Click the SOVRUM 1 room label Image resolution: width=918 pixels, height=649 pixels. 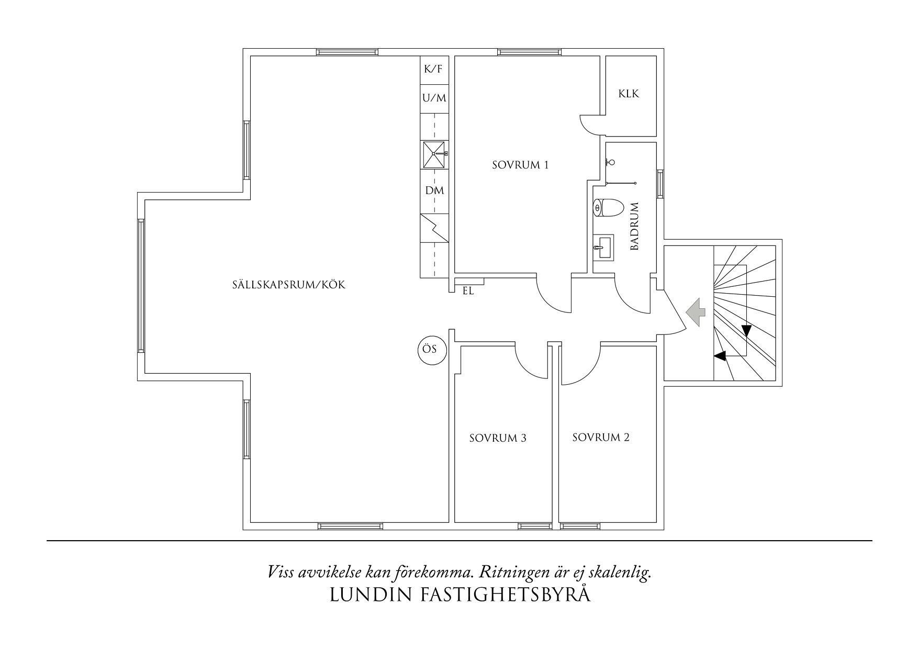pyautogui.click(x=520, y=165)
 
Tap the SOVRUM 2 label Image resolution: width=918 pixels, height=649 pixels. pyautogui.click(x=600, y=438)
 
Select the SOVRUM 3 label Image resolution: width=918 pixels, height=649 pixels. pyautogui.click(x=497, y=438)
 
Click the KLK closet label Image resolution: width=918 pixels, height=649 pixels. pyautogui.click(x=629, y=94)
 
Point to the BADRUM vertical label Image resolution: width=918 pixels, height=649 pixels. pyautogui.click(x=635, y=226)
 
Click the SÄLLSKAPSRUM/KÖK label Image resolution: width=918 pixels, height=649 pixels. pyautogui.click(x=289, y=286)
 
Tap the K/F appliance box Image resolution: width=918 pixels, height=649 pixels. pyautogui.click(x=434, y=70)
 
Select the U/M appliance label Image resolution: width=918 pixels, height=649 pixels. pyautogui.click(x=434, y=98)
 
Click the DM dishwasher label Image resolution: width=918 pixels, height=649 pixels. pyautogui.click(x=434, y=191)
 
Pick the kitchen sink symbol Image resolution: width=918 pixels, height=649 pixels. pyautogui.click(x=434, y=154)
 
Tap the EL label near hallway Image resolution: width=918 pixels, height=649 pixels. pyautogui.click(x=468, y=292)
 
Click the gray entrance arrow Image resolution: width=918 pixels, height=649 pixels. pyautogui.click(x=697, y=312)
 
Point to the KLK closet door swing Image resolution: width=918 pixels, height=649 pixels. pyautogui.click(x=592, y=124)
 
